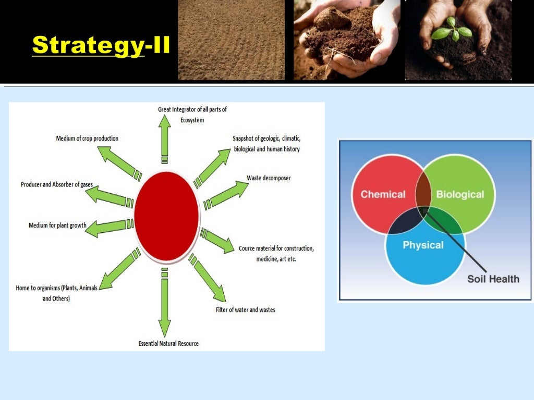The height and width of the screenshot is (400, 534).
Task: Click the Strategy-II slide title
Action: pyautogui.click(x=101, y=45)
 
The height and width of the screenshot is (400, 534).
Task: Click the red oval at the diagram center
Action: pyautogui.click(x=166, y=215)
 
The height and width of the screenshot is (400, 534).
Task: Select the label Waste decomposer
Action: pyautogui.click(x=269, y=178)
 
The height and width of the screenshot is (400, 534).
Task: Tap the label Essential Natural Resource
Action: pyautogui.click(x=168, y=343)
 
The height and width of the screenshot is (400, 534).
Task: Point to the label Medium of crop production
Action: pyautogui.click(x=87, y=139)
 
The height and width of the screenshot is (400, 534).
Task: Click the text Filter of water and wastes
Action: pyautogui.click(x=245, y=310)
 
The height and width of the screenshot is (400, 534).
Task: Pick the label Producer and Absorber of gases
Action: pyautogui.click(x=57, y=185)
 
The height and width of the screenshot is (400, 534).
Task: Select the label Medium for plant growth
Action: pyautogui.click(x=57, y=226)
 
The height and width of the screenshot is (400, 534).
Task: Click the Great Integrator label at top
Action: pyautogui.click(x=192, y=114)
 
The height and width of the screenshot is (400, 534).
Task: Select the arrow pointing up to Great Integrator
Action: pyautogui.click(x=165, y=138)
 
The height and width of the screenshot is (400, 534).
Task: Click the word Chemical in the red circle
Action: pyautogui.click(x=383, y=194)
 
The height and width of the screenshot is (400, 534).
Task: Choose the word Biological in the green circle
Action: pyautogui.click(x=460, y=194)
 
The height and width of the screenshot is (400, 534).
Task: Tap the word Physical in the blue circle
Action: pyautogui.click(x=423, y=245)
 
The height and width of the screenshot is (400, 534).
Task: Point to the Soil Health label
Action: pyautogui.click(x=493, y=279)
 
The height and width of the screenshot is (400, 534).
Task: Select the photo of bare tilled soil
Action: pyautogui.click(x=232, y=40)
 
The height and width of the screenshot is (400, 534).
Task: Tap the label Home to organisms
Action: pyautogui.click(x=57, y=293)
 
